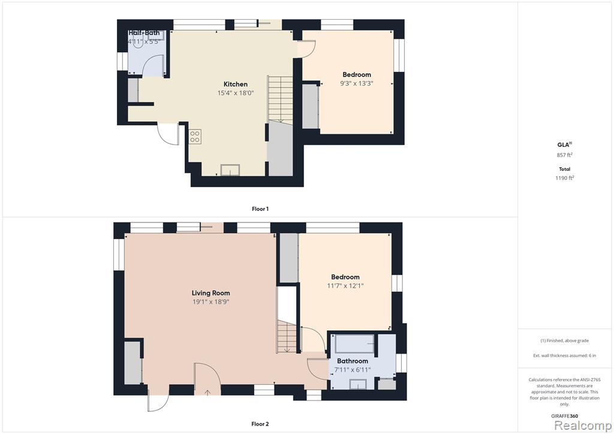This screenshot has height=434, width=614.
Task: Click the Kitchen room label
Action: click(235, 84)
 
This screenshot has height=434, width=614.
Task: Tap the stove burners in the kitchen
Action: click(195, 137)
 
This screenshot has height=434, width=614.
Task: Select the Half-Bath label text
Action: click(144, 33)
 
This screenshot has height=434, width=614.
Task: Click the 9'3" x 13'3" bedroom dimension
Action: click(356, 83)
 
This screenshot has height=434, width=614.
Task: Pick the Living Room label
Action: click(210, 293)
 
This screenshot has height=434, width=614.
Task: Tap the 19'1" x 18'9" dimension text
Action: click(210, 302)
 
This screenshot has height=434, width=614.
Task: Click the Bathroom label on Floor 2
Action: click(353, 361)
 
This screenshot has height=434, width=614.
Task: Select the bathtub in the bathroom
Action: click(355, 343)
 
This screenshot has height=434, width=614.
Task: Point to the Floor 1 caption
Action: click(260, 209)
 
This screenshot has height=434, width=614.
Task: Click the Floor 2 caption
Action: click(260, 424)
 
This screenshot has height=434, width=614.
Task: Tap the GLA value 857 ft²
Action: click(565, 155)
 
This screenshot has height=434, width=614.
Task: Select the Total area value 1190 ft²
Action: click(565, 177)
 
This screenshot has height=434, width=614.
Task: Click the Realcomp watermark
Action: click(583, 426)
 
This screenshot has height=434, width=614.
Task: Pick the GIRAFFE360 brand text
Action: click(564, 417)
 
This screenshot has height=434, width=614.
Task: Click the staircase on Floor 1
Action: click(281, 100)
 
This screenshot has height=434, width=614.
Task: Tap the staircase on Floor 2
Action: click(287, 336)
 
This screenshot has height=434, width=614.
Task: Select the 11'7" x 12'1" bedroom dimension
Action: click(345, 286)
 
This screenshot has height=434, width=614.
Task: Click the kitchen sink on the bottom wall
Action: click(230, 170)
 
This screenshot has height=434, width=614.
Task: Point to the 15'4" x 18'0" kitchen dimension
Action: click(236, 93)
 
